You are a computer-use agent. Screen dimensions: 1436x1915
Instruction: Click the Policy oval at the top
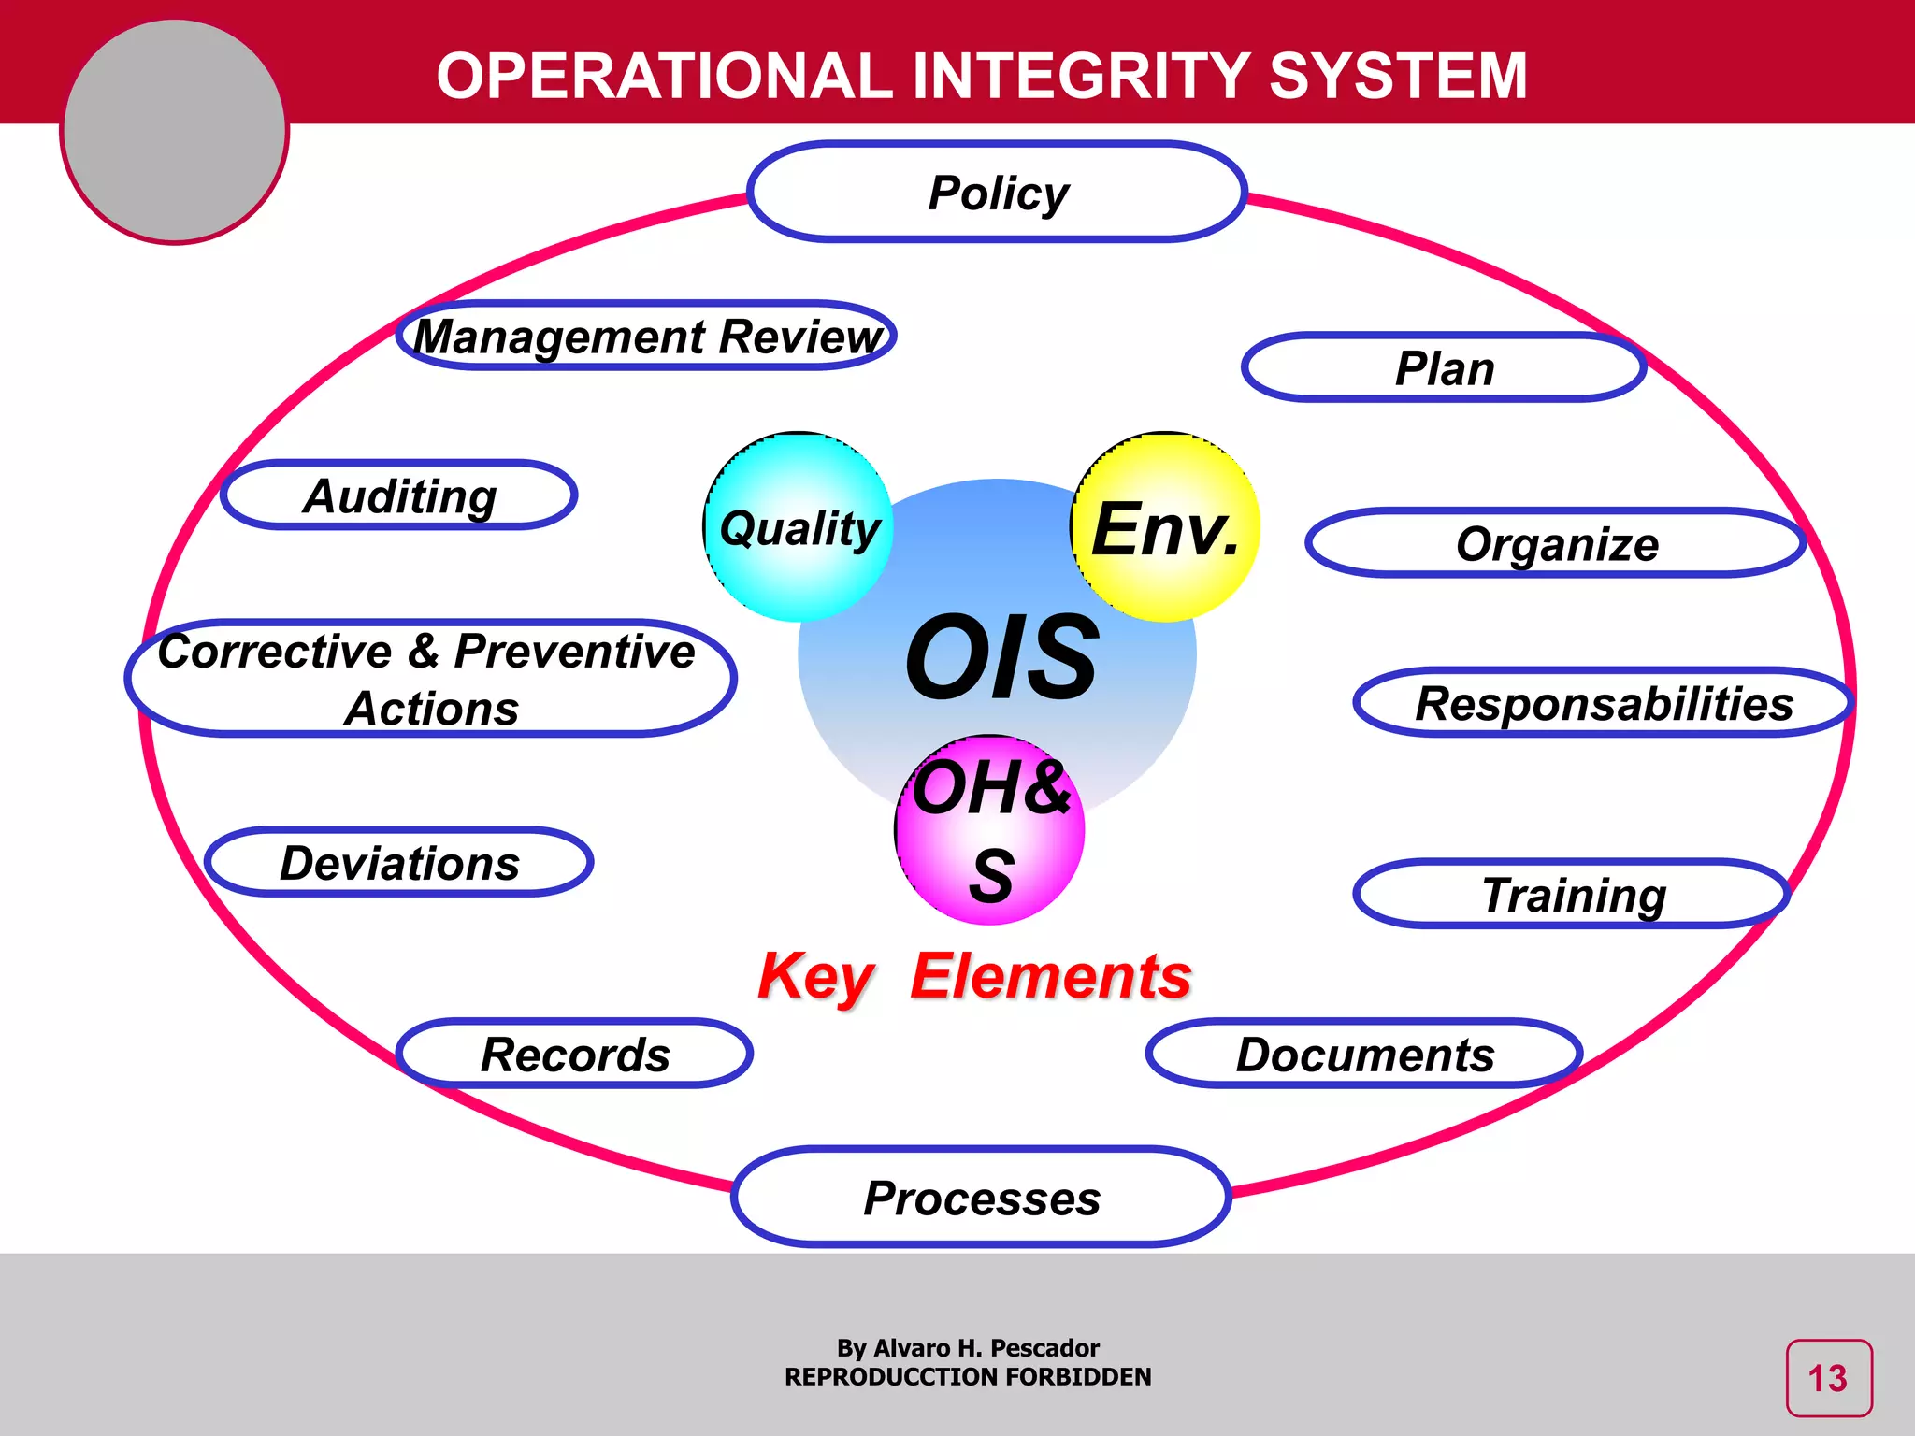pyautogui.click(x=998, y=193)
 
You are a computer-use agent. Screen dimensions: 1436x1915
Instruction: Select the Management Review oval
pyautogui.click(x=646, y=336)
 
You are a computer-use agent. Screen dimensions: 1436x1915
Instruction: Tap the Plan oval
pyautogui.click(x=1444, y=367)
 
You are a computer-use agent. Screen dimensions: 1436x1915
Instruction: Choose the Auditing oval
pyautogui.click(x=399, y=495)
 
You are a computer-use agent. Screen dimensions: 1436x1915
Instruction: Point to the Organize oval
pyautogui.click(x=1556, y=543)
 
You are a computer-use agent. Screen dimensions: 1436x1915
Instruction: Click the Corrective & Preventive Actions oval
pyautogui.click(x=430, y=679)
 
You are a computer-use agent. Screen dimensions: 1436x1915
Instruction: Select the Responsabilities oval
pyautogui.click(x=1603, y=703)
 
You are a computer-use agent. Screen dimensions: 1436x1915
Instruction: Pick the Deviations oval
pyautogui.click(x=399, y=862)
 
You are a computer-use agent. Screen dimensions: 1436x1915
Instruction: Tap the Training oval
pyautogui.click(x=1573, y=895)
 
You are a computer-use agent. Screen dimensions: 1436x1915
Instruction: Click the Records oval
pyautogui.click(x=575, y=1054)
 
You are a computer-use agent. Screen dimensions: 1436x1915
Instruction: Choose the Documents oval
pyautogui.click(x=1364, y=1054)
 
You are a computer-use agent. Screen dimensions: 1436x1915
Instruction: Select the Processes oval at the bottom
pyautogui.click(x=981, y=1198)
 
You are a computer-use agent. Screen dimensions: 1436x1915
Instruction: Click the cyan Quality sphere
pyautogui.click(x=799, y=528)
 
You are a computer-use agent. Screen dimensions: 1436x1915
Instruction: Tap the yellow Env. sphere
pyautogui.click(x=1165, y=528)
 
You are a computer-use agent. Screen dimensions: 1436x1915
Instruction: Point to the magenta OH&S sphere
pyautogui.click(x=990, y=830)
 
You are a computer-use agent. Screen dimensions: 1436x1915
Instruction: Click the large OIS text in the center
pyautogui.click(x=1001, y=657)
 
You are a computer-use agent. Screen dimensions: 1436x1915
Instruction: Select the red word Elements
pyautogui.click(x=1051, y=976)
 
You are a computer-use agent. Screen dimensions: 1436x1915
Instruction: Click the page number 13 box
pyautogui.click(x=1828, y=1378)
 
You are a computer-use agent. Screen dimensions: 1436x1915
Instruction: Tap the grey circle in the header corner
pyautogui.click(x=175, y=131)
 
